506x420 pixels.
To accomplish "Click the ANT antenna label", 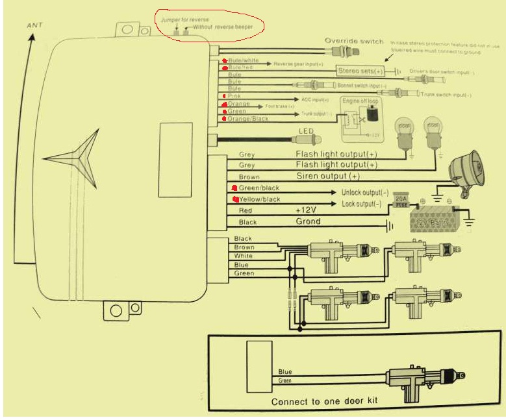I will click(x=35, y=25).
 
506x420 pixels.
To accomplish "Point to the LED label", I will click(x=305, y=131).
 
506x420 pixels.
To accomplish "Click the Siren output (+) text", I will click(x=327, y=176).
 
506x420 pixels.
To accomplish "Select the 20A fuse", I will click(x=401, y=201).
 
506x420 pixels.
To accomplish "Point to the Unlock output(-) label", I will click(x=365, y=193).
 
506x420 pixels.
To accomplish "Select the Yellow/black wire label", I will click(x=260, y=199).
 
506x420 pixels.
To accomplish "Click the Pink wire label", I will click(x=234, y=96).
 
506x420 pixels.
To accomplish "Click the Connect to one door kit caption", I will click(x=325, y=401).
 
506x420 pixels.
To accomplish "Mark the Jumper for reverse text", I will click(x=184, y=20).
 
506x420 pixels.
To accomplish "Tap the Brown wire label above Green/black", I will click(x=249, y=177).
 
